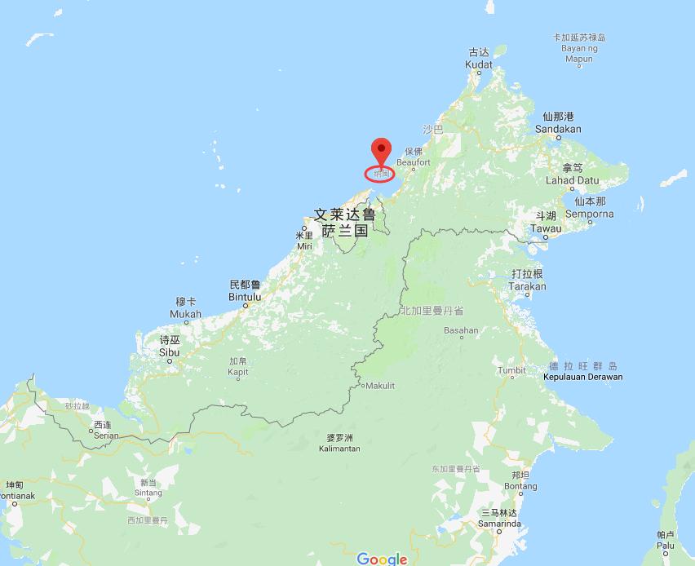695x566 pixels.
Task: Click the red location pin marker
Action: click(x=381, y=152)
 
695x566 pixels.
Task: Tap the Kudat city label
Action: click(x=479, y=64)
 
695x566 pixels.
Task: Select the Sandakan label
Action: click(x=558, y=129)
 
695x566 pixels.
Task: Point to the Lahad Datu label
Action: click(x=572, y=180)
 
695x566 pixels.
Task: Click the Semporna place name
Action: click(x=589, y=214)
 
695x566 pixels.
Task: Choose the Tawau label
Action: click(x=546, y=228)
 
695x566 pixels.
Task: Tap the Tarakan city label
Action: click(x=527, y=286)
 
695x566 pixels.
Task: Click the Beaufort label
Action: click(x=413, y=163)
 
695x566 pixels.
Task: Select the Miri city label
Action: click(x=304, y=245)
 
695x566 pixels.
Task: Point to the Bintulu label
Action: click(x=245, y=297)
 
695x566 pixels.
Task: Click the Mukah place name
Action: click(x=185, y=314)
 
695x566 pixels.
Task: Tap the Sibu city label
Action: click(x=169, y=352)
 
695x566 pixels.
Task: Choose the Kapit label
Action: click(x=237, y=372)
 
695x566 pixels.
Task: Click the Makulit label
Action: click(x=380, y=386)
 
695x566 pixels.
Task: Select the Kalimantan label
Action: click(x=339, y=449)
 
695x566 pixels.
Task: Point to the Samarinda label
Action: click(x=500, y=524)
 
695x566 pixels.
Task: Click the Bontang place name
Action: click(x=520, y=486)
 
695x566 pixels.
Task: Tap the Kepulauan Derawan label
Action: click(x=582, y=377)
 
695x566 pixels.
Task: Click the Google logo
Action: click(x=382, y=559)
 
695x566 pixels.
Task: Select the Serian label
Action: click(x=104, y=436)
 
